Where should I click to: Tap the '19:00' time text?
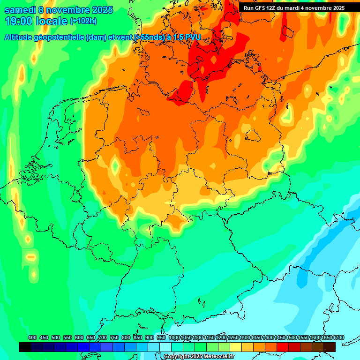pyautogui.click(x=17, y=21)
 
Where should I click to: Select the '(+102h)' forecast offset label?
pyautogui.click(x=83, y=21)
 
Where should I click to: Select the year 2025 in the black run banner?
pyautogui.click(x=336, y=8)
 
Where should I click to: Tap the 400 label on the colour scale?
pyautogui.click(x=32, y=338)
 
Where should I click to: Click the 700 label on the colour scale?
pyautogui.click(x=103, y=338)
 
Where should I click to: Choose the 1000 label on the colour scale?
pyautogui.click(x=174, y=338)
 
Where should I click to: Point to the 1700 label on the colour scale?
pyautogui.click(x=338, y=338)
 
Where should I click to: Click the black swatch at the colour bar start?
pyautogui.click(x=25, y=347)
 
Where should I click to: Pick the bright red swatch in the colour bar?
pyautogui.click(x=283, y=347)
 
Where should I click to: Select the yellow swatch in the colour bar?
pyautogui.click(x=236, y=347)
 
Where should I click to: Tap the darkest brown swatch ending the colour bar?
pyautogui.click(x=330, y=347)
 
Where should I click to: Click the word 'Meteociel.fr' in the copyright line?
pyautogui.click(x=218, y=357)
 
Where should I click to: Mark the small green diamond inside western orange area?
pyautogui.click(x=115, y=165)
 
